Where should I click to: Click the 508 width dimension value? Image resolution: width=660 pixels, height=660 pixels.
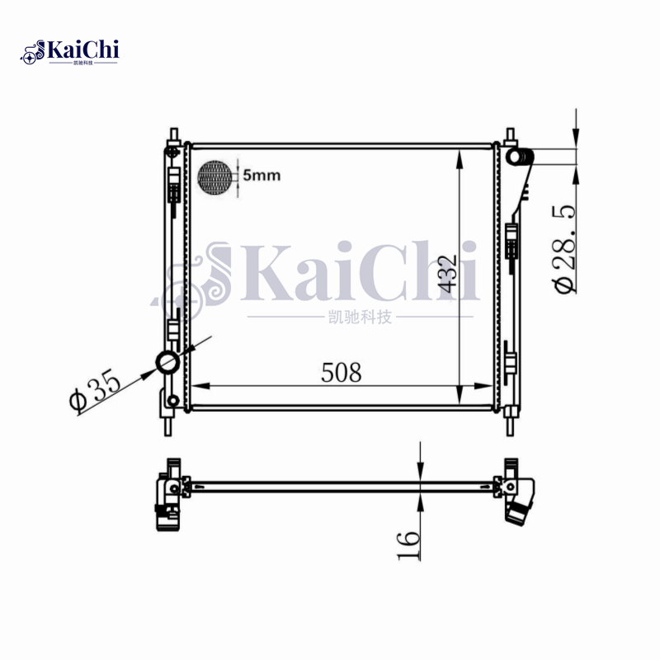pyautogui.click(x=342, y=373)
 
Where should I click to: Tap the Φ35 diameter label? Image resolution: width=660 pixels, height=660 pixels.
pyautogui.click(x=96, y=390)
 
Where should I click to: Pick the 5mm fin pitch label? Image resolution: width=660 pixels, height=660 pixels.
pyautogui.click(x=262, y=175)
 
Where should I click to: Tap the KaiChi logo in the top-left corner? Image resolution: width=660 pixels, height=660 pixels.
pyautogui.click(x=70, y=53)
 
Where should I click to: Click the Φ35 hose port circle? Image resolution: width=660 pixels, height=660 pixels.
pyautogui.click(x=167, y=362)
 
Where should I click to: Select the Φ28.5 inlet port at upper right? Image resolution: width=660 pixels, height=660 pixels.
pyautogui.click(x=517, y=156)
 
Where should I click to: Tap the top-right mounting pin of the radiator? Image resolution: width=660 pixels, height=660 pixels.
pyautogui.click(x=509, y=134)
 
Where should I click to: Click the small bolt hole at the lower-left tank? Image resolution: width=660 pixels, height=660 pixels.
pyautogui.click(x=172, y=402)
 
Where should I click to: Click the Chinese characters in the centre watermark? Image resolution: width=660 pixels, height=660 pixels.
pyautogui.click(x=360, y=318)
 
